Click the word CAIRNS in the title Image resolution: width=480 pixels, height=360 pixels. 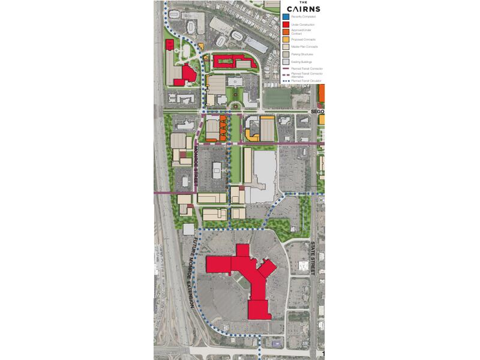[303, 9]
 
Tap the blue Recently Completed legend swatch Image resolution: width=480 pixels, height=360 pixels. [285, 17]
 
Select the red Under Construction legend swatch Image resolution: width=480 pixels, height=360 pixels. [285, 25]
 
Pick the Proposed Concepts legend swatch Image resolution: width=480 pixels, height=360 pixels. [285, 40]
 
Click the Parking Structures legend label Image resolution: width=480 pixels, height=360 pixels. [301, 54]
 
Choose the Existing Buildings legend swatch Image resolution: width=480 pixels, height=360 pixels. [285, 61]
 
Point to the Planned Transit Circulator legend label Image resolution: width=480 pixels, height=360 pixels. [305, 80]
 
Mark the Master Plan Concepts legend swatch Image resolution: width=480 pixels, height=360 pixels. [285, 47]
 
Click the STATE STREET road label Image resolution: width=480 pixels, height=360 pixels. [313, 257]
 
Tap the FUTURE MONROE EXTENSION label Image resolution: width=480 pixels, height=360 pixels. [191, 273]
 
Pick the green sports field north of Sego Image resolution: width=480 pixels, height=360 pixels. [275, 97]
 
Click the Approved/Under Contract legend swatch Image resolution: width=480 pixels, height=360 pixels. [285, 32]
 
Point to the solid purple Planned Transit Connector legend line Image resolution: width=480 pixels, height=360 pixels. [285, 69]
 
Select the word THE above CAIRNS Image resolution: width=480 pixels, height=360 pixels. [303, 2]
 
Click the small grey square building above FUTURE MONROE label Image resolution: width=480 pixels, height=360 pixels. [188, 229]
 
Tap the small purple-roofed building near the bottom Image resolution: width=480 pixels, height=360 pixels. [275, 343]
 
